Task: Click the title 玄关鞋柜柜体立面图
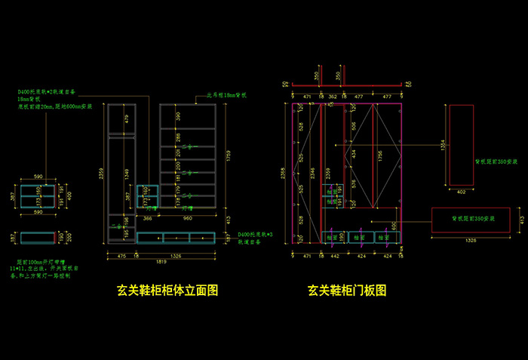click(x=167, y=290)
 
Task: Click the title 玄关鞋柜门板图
click(x=347, y=290)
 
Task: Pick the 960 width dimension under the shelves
click(x=189, y=218)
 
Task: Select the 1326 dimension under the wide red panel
click(x=470, y=241)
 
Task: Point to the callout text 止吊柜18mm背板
click(x=227, y=97)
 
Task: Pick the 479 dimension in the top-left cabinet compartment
click(x=126, y=118)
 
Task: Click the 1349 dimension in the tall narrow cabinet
click(x=126, y=175)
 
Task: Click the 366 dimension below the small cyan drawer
click(x=149, y=218)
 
